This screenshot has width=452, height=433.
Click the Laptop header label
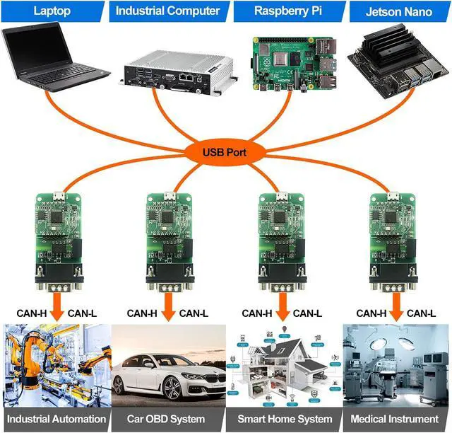tap(53, 11)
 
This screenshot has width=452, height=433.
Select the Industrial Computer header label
tap(167, 11)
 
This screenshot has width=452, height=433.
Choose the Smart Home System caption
tap(284, 419)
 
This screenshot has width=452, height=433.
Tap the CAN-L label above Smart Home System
tap(308, 313)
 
